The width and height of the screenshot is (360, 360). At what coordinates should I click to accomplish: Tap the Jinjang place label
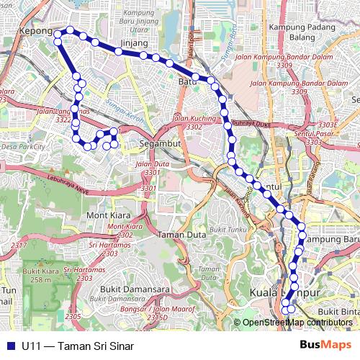[x=135, y=43]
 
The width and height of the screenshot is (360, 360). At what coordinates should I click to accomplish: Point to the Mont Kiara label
[x=107, y=215]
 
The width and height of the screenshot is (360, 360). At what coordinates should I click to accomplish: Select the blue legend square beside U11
[x=9, y=346]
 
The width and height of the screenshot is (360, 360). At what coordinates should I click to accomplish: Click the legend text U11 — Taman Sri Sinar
[x=78, y=346]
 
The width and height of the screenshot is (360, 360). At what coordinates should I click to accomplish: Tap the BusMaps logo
[x=325, y=345]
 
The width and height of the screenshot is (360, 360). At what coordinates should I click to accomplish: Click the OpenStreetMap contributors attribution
[x=297, y=323]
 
